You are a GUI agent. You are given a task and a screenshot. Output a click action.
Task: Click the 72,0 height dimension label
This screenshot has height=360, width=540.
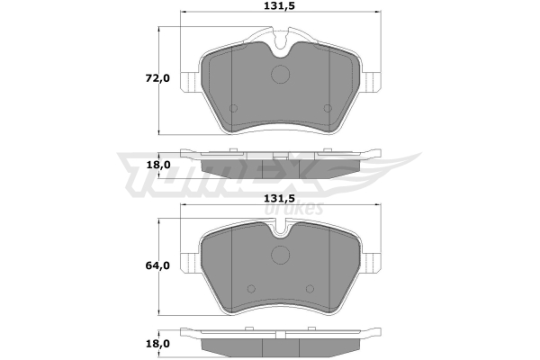[x=157, y=78]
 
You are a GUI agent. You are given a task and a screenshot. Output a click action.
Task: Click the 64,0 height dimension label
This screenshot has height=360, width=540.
[x=157, y=265]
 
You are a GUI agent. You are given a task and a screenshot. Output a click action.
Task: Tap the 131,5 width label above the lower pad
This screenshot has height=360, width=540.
[x=279, y=198]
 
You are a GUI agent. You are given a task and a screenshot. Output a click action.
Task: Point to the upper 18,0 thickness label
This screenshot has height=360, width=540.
[x=158, y=165]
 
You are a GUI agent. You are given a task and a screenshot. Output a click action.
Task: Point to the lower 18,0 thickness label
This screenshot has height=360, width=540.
[x=158, y=344]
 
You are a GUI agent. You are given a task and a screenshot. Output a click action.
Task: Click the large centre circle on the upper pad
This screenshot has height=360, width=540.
[x=280, y=74]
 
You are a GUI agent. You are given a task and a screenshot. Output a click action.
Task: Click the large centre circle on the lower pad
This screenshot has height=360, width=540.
[x=280, y=255]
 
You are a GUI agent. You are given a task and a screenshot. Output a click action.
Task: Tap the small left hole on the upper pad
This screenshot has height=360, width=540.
[x=233, y=108]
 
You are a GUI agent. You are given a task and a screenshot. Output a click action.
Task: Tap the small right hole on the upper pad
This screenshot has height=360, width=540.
[x=328, y=108]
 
